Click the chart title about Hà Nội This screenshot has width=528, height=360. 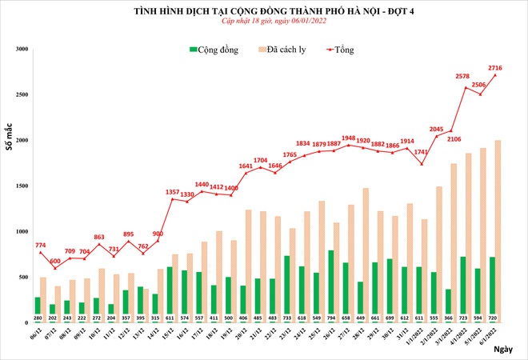coord(263,10)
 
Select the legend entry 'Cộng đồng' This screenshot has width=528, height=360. coord(216,50)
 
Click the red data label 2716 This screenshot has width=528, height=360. coord(494,68)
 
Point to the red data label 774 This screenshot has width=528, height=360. coord(42,242)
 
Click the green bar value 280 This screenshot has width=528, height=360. coord(38,317)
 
